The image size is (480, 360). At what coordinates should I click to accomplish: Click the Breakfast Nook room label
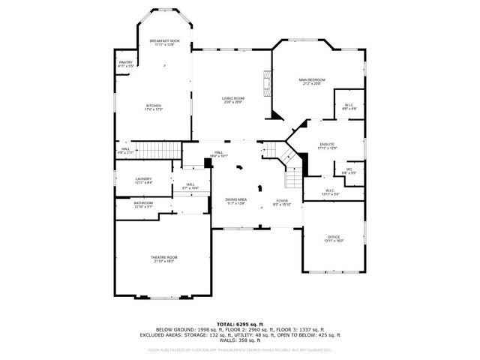pos(164,42)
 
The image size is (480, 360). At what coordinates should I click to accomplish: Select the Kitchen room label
pos(154,107)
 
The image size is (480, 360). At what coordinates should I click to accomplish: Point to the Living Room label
pos(232,100)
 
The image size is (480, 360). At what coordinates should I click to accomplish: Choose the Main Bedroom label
pos(311,81)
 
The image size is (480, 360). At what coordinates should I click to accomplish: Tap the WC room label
pos(349,171)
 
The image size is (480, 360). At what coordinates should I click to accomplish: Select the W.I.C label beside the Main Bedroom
pos(349,106)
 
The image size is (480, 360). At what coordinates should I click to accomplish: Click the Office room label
pos(333,238)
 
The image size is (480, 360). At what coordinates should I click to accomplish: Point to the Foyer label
pos(281,202)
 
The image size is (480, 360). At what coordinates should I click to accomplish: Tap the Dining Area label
pos(235,202)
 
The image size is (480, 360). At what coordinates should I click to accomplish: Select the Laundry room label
pos(143,180)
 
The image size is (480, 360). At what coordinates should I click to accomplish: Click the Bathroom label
pos(143,204)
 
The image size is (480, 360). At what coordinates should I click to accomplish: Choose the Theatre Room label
pos(164,259)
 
